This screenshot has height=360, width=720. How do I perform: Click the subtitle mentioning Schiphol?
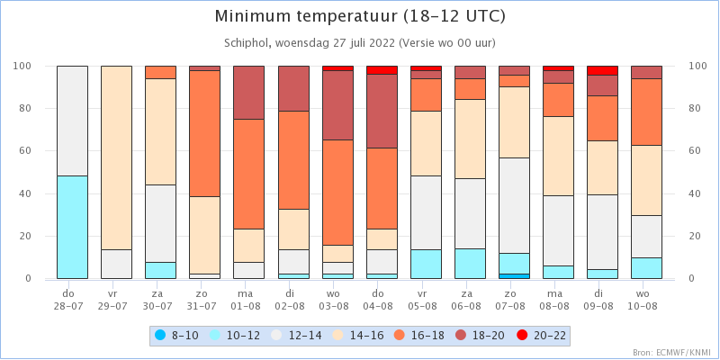click(x=359, y=43)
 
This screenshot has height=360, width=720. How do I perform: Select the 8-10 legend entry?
click(x=176, y=335)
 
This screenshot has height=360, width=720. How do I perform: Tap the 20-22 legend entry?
click(x=542, y=335)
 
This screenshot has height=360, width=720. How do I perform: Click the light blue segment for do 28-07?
click(x=72, y=228)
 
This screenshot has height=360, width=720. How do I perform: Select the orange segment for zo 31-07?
click(x=205, y=133)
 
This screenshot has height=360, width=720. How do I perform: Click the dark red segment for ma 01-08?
click(x=249, y=93)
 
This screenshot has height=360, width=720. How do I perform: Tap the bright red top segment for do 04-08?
click(x=382, y=70)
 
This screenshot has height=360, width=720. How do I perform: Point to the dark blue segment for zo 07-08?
click(x=514, y=276)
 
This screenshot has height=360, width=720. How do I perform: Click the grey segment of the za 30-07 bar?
click(x=160, y=223)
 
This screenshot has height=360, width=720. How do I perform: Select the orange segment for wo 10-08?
click(x=646, y=112)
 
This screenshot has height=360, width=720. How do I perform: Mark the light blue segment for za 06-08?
click(x=470, y=264)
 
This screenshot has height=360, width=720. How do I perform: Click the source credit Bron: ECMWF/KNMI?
click(x=673, y=353)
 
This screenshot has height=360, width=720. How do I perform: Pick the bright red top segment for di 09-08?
click(x=602, y=71)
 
